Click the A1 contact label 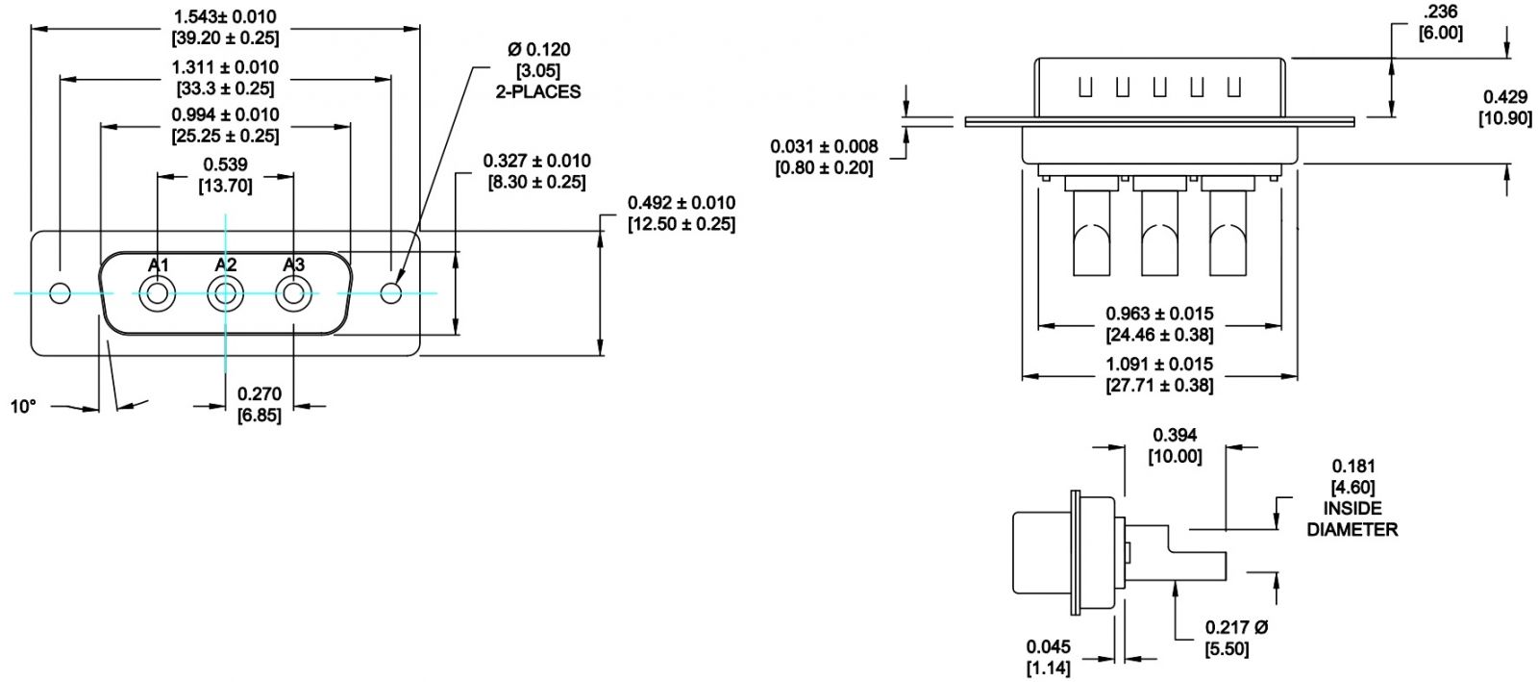tap(159, 265)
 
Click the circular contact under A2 tap(226, 294)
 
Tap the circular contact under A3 tap(294, 294)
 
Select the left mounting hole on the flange tap(61, 293)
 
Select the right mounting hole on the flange tap(391, 293)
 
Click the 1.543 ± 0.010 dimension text tap(225, 16)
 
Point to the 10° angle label tap(23, 407)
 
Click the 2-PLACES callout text tap(538, 92)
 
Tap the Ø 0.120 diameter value tap(538, 49)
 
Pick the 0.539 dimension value tap(225, 164)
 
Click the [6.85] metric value tap(260, 416)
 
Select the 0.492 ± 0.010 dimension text tap(681, 203)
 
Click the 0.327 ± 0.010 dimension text tap(536, 161)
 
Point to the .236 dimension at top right tap(1440, 12)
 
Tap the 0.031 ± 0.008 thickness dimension tap(824, 146)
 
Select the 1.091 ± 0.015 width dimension tap(1159, 365)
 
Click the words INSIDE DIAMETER tap(1352, 518)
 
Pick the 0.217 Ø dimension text tap(1237, 627)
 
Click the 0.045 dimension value tap(1048, 646)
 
